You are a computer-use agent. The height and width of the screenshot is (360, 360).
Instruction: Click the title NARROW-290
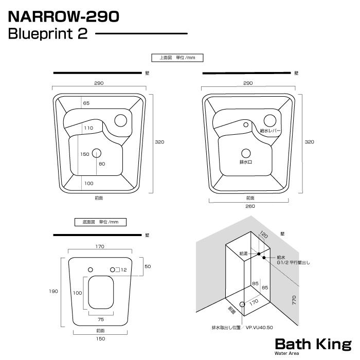[x=64, y=16]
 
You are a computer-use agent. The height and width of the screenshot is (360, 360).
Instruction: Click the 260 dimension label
[x=249, y=206]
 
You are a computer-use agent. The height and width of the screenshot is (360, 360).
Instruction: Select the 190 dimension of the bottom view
[x=54, y=291]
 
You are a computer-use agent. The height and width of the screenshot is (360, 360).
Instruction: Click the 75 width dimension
[x=100, y=319]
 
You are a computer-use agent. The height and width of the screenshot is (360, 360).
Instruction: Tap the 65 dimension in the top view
[x=86, y=103]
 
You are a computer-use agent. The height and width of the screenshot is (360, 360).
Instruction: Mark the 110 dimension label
[x=88, y=128]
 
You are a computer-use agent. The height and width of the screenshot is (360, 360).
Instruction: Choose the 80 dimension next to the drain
[x=102, y=164]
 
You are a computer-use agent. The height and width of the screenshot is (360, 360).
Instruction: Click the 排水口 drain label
[x=246, y=162]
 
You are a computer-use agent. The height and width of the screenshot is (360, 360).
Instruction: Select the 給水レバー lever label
[x=270, y=131]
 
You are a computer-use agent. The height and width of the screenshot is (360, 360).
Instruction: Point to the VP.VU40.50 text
[x=259, y=327]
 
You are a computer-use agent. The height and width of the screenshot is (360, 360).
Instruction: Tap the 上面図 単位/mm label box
[x=173, y=58]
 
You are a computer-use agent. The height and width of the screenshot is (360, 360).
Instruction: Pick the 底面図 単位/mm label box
[x=100, y=222]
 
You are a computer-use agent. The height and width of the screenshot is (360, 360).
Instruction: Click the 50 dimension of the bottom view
[x=148, y=266]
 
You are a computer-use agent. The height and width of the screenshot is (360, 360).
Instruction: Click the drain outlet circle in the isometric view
[x=242, y=305]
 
